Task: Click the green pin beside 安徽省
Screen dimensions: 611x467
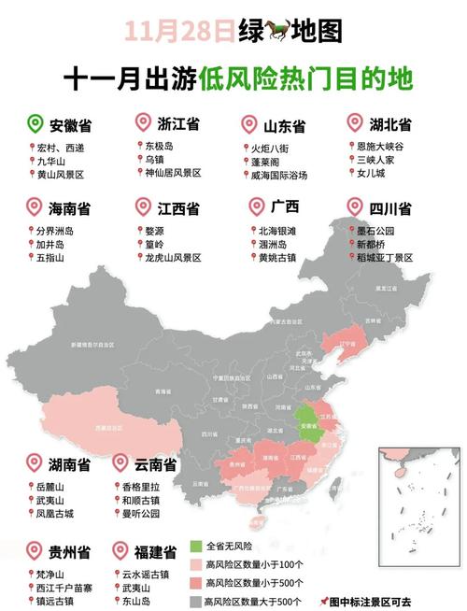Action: click(x=36, y=123)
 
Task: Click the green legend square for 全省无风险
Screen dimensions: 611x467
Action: click(x=196, y=545)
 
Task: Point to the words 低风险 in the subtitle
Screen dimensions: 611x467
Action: click(x=232, y=78)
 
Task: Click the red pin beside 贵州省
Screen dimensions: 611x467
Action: click(x=36, y=551)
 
